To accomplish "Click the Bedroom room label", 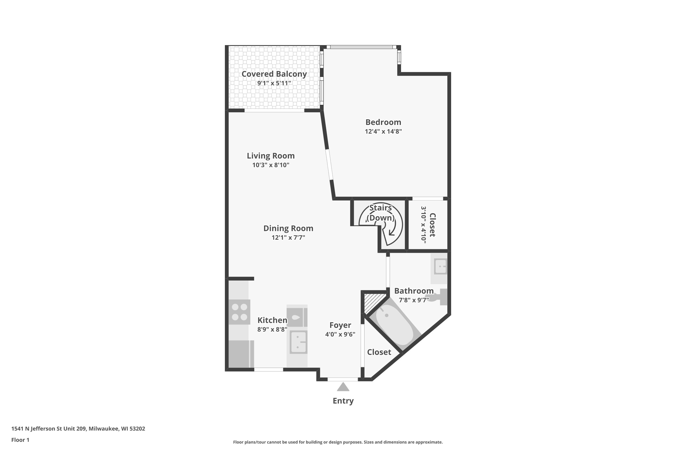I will pos(383,122).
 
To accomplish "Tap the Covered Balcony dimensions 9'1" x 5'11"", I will pos(274,83).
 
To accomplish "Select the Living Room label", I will pos(270,156).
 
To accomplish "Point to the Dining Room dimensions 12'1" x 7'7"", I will pos(288,238).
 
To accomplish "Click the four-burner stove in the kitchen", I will pos(239,312).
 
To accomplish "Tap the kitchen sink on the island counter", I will pos(298,342).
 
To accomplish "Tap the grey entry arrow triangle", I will pos(343,387).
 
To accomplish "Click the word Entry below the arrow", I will pos(343,401).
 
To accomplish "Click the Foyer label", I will pos(340,325).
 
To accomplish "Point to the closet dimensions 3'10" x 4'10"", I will pos(423,225).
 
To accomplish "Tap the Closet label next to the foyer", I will pos(379,352).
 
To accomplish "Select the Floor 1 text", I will pos(20,440).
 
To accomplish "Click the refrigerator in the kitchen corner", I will pos(241,354).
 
